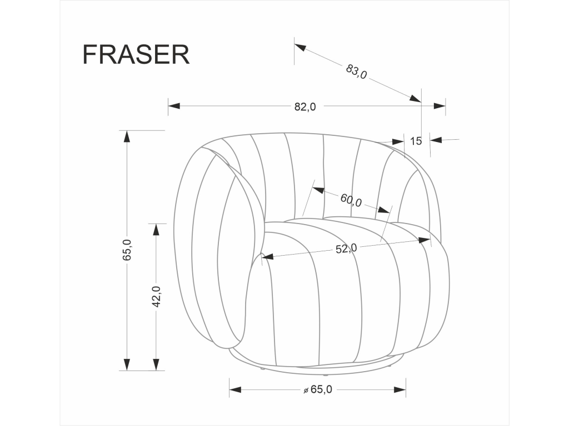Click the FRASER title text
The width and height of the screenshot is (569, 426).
coord(136,55)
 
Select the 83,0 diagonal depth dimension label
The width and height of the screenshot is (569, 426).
coord(356,72)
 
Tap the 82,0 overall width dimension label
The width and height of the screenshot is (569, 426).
coord(305,107)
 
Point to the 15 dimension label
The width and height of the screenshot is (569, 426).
coord(416,141)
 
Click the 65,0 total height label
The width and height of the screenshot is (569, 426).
coord(127,250)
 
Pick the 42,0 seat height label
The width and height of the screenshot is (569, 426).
coord(156,297)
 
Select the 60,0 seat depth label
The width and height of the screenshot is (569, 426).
coord(351,200)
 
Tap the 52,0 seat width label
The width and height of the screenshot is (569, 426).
coord(346,248)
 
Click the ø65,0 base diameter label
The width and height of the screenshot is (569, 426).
coord(318,389)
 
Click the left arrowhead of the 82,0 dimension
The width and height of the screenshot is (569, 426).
coord(174,106)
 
